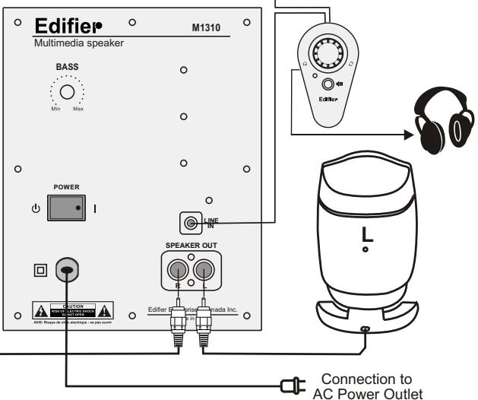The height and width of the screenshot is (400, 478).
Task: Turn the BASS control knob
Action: [67, 93]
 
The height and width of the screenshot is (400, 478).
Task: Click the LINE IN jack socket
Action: [189, 222]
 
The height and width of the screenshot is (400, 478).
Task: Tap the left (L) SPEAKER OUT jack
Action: [204, 270]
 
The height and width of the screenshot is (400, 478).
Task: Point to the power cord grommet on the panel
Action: [67, 269]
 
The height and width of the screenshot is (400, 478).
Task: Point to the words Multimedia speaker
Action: [79, 43]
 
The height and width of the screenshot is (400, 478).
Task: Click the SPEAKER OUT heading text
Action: [192, 246]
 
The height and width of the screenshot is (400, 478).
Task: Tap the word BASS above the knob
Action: [67, 67]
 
